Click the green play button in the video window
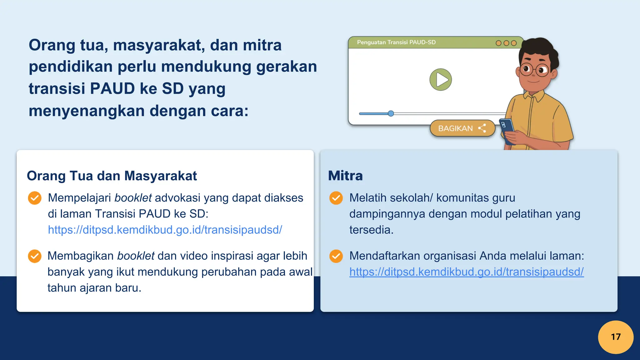pyautogui.click(x=440, y=80)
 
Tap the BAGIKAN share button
pyautogui.click(x=462, y=128)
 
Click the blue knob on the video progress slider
pyautogui.click(x=391, y=113)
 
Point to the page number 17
pyautogui.click(x=616, y=337)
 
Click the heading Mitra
pyautogui.click(x=345, y=176)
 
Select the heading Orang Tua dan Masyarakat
pyautogui.click(x=112, y=176)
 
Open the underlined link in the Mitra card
pyautogui.click(x=466, y=272)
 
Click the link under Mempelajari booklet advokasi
pyautogui.click(x=165, y=230)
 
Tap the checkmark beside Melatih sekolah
pyautogui.click(x=336, y=198)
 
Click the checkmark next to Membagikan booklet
pyautogui.click(x=34, y=256)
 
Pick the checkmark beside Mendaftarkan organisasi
pyautogui.click(x=336, y=256)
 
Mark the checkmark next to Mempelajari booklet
pyautogui.click(x=34, y=198)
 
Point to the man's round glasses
pyautogui.click(x=534, y=69)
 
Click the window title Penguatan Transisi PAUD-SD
pyautogui.click(x=396, y=42)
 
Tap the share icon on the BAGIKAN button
pyautogui.click(x=482, y=128)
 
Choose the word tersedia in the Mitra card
pyautogui.click(x=371, y=230)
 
